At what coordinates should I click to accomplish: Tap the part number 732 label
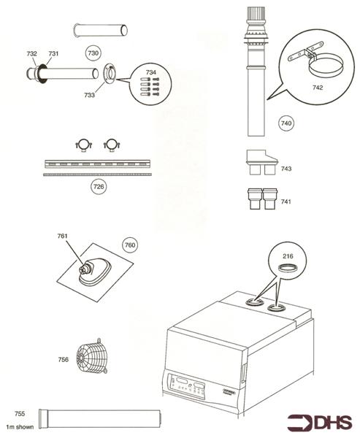click(x=31, y=54)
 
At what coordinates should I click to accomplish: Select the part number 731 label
click(x=53, y=54)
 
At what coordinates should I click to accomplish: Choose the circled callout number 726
click(x=98, y=187)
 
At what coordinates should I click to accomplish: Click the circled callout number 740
click(x=286, y=124)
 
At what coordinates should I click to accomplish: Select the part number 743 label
click(x=286, y=169)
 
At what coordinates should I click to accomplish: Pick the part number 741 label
click(x=286, y=201)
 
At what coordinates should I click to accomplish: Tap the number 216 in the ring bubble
click(x=288, y=258)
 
